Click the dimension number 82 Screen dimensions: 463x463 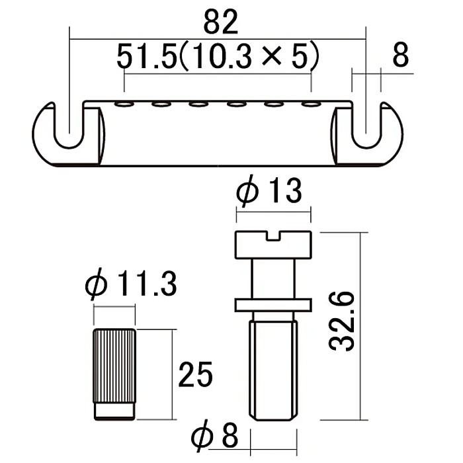(x=220, y=22)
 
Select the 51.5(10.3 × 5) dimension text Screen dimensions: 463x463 (x=218, y=56)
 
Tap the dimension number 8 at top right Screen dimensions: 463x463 (x=400, y=55)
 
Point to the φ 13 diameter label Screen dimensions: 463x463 (x=269, y=190)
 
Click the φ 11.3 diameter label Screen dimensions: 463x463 (x=131, y=284)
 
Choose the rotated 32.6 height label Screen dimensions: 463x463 (x=342, y=321)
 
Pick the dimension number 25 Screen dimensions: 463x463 (x=196, y=374)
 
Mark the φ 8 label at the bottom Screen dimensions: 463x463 (x=214, y=435)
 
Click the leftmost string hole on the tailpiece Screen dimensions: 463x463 (x=124, y=105)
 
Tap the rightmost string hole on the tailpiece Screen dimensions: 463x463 (x=311, y=105)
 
